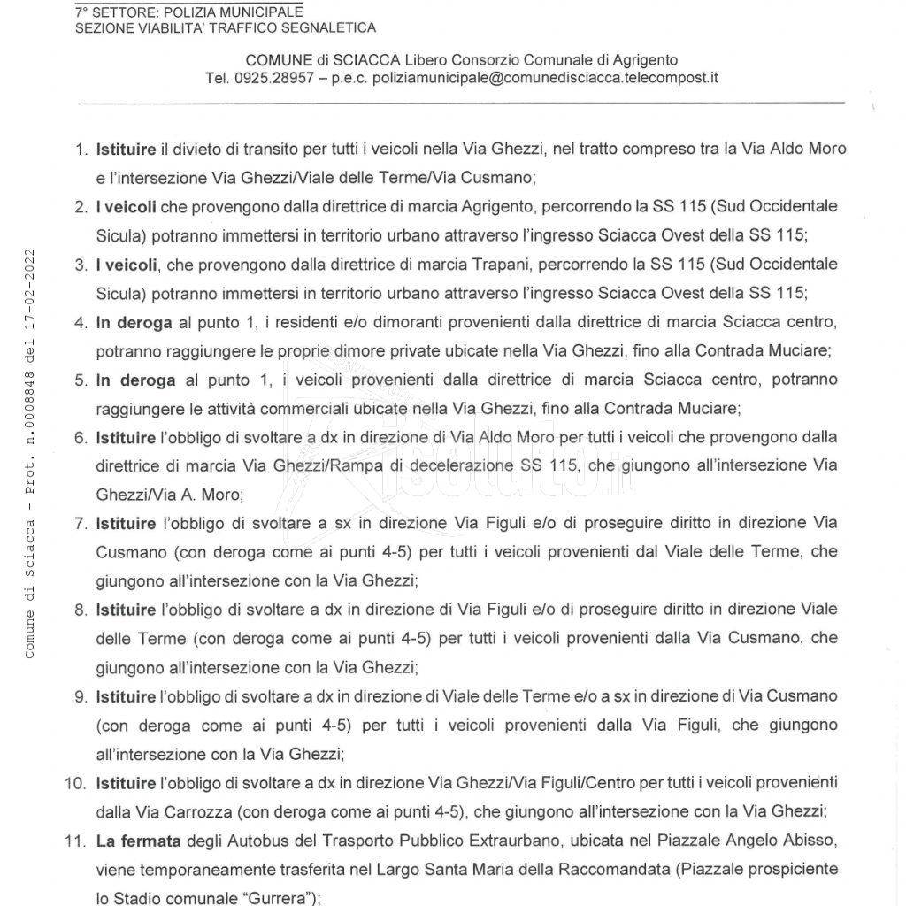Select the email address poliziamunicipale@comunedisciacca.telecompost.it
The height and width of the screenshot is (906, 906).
545,78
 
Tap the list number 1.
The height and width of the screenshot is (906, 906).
81,150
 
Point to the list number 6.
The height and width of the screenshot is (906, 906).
81,438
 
